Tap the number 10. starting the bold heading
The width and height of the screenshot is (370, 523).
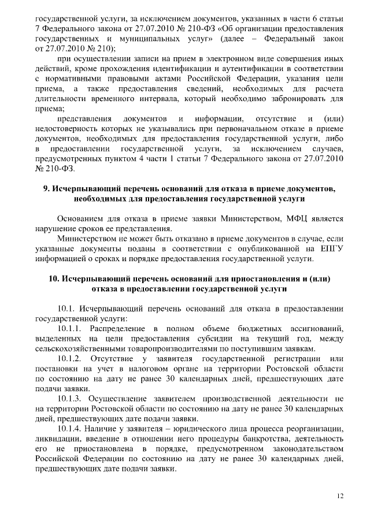pos(54,278)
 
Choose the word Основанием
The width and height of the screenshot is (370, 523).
pos(83,219)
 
